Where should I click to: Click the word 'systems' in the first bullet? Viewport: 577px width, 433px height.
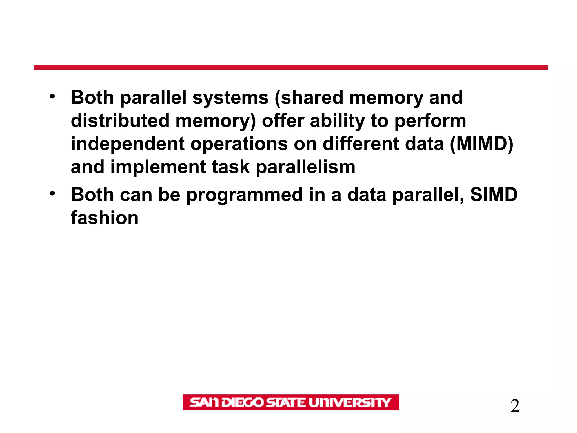230,98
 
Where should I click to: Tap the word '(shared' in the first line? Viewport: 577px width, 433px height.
309,98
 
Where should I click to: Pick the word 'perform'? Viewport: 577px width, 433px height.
430,121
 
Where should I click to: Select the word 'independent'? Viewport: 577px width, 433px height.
128,144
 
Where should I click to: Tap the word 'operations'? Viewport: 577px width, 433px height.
239,144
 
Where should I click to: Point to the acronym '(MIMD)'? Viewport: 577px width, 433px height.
481,144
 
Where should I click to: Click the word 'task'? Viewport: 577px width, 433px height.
230,167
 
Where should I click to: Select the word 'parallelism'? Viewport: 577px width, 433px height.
305,167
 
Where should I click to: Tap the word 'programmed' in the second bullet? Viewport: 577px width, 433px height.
244,195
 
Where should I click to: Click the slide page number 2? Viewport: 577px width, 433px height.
515,406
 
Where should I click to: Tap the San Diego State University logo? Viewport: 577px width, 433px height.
290,402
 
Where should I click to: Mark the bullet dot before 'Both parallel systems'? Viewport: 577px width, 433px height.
52,96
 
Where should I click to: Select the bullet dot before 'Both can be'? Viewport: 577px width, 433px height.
52,194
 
